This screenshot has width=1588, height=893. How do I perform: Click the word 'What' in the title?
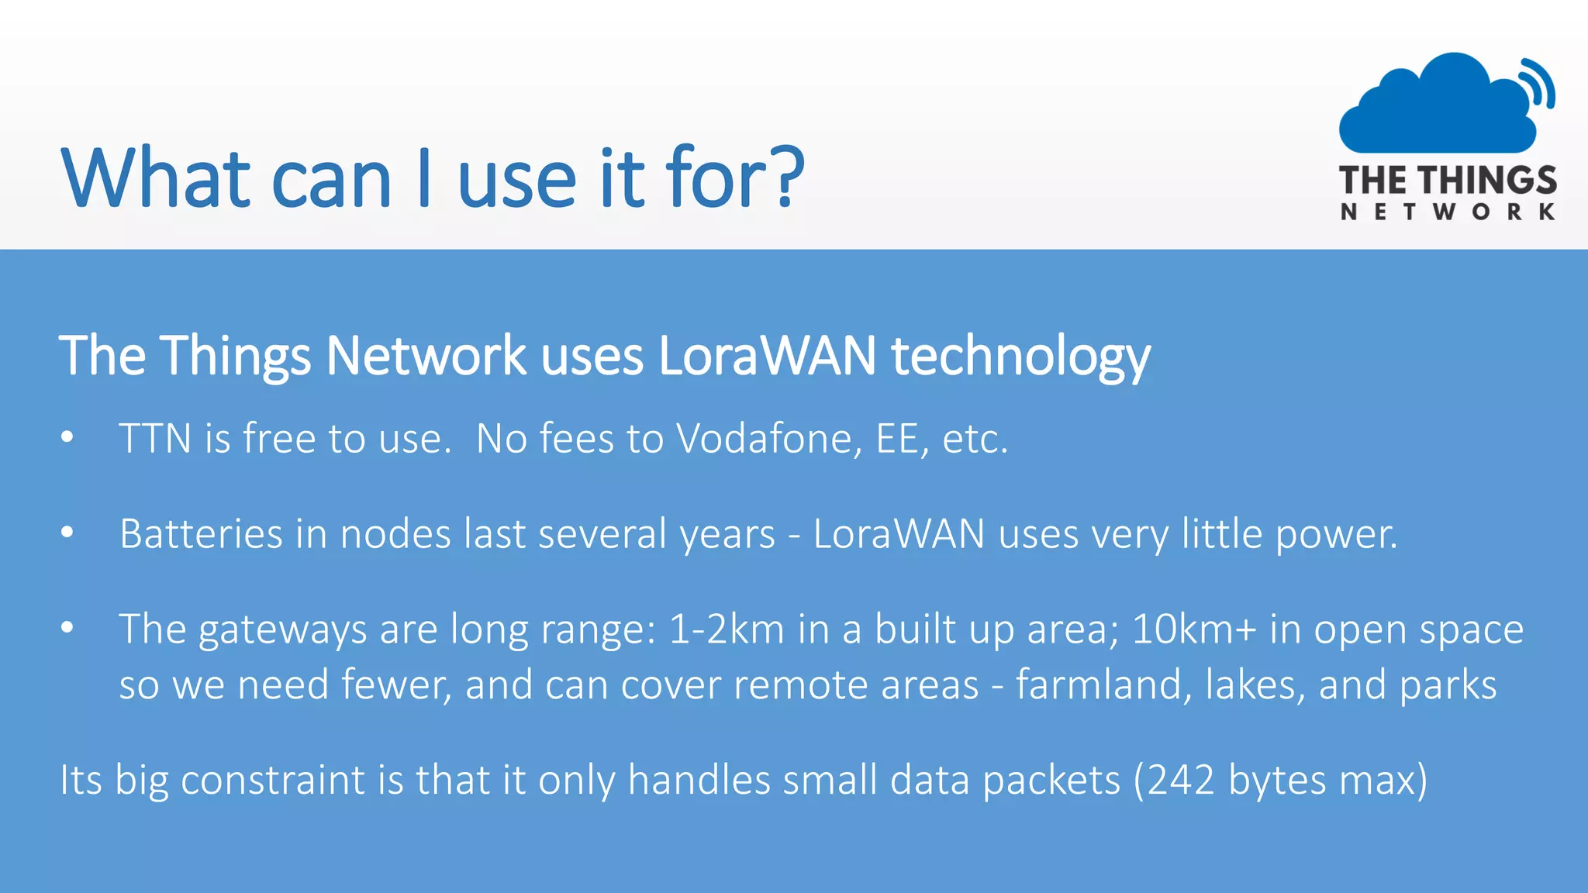click(155, 178)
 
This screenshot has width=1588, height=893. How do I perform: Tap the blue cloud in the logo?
click(1434, 109)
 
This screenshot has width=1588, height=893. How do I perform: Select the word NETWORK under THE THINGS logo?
click(1448, 212)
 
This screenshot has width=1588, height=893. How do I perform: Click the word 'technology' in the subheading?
click(1020, 357)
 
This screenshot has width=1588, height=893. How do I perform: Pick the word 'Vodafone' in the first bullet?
click(768, 439)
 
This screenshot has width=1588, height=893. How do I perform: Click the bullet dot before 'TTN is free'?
click(67, 438)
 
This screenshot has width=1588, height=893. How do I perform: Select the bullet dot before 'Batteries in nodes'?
click(67, 533)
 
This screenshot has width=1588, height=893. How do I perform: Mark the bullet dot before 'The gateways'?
click(67, 627)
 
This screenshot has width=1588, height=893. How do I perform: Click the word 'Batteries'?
click(202, 534)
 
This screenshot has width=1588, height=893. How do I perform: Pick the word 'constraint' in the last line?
click(273, 780)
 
